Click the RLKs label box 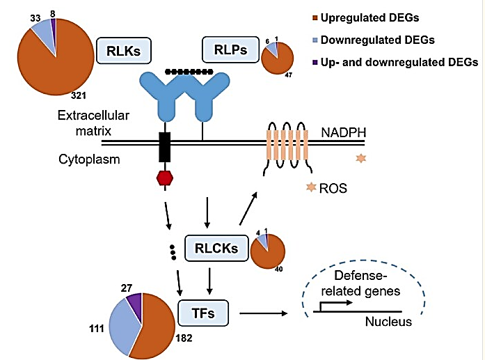coord(124,51)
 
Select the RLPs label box coord(230,49)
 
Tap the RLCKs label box coord(216,248)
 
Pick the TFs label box coord(203,313)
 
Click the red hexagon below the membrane coord(165,178)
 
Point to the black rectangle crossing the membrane coord(164,147)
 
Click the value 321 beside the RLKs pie coord(78,95)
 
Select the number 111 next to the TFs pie coord(97,328)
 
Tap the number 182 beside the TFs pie coord(184,338)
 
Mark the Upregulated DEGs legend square coord(315,17)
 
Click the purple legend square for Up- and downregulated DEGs coord(315,62)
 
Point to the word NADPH coord(344,132)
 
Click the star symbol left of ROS coord(311,187)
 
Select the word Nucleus coord(388,322)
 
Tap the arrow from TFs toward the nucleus coord(264,313)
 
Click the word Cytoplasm coord(89,159)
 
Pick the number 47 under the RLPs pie coord(288,75)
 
